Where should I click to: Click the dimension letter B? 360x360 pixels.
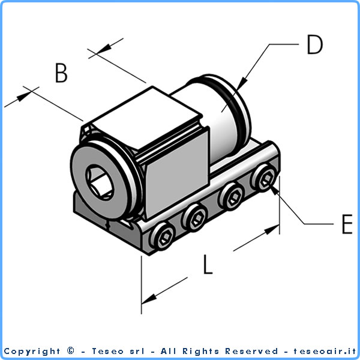61,73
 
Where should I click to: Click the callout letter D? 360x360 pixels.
314,44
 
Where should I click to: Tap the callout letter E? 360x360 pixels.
346,224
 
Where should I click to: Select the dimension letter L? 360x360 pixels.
207,265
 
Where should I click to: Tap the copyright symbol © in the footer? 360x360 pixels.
71,351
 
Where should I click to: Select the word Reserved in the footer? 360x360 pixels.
252,351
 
